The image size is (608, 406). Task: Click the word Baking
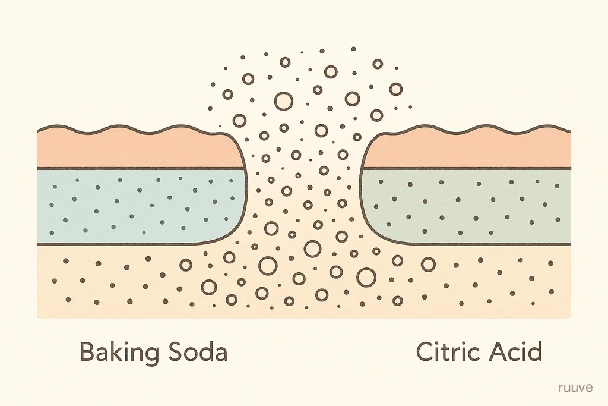coord(119,353)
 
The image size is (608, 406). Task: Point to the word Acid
coord(515,351)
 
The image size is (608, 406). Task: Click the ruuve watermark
coord(575,388)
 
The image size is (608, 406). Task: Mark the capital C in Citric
coord(425,351)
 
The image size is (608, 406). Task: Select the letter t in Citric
coord(448,353)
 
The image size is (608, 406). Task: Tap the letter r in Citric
coord(459,354)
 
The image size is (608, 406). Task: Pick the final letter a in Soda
coord(221,355)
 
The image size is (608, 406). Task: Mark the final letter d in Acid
coord(534,351)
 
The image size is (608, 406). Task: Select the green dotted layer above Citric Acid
coord(465,206)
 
